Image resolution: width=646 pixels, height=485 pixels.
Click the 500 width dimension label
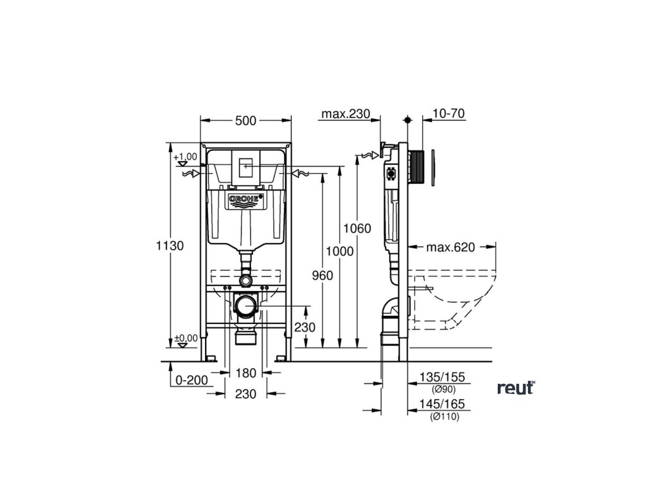pos(245,121)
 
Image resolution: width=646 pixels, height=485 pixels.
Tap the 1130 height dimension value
pos(170,246)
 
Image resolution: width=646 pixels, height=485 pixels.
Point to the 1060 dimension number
pos(358,228)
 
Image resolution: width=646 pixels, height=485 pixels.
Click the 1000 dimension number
pos(340,251)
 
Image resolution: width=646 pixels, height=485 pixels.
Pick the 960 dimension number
pos(322,275)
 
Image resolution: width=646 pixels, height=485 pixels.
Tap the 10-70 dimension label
pos(449,114)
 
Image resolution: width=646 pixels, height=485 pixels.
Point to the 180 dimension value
pos(245,373)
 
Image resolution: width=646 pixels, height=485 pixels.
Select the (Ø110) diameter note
pos(444,417)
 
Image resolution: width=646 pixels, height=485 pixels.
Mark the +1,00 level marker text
pos(187,156)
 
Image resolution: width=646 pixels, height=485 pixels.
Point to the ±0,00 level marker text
pos(186,338)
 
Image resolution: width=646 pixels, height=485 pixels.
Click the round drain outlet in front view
pos(245,307)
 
